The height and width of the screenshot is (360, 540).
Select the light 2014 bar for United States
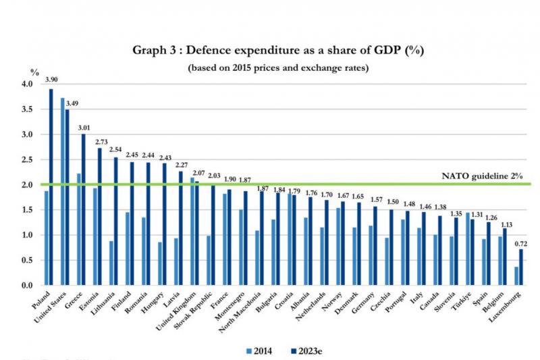[x=63, y=192]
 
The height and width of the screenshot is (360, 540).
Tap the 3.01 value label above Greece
[x=83, y=126]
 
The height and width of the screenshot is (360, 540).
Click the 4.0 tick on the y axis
[x=27, y=84]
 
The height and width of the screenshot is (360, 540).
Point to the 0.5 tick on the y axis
[x=27, y=261]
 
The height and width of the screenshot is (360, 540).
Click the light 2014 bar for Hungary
[x=160, y=263]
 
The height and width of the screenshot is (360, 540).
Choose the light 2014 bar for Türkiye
[x=468, y=249]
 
